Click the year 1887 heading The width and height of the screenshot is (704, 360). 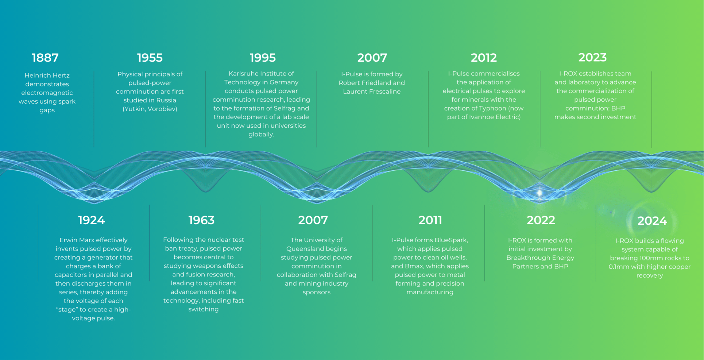[45, 58]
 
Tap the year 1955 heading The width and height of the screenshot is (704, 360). [150, 58]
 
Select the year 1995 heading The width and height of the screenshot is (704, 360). [263, 58]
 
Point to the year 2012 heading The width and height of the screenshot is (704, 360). [484, 58]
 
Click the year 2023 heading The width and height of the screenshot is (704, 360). [592, 57]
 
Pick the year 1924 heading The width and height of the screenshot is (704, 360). [92, 220]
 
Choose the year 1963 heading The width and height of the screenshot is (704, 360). [202, 220]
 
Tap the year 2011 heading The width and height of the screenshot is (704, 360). [430, 220]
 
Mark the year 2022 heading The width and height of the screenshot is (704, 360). [541, 220]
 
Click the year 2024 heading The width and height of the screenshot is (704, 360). [652, 221]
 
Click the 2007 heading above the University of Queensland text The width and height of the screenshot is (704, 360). [313, 220]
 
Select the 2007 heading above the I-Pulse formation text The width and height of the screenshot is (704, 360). [372, 58]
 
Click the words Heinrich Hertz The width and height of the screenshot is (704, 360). [47, 76]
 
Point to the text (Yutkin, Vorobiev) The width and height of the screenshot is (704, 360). [150, 109]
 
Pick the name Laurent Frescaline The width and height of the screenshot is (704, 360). [372, 92]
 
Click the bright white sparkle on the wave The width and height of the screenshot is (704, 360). [539, 193]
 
